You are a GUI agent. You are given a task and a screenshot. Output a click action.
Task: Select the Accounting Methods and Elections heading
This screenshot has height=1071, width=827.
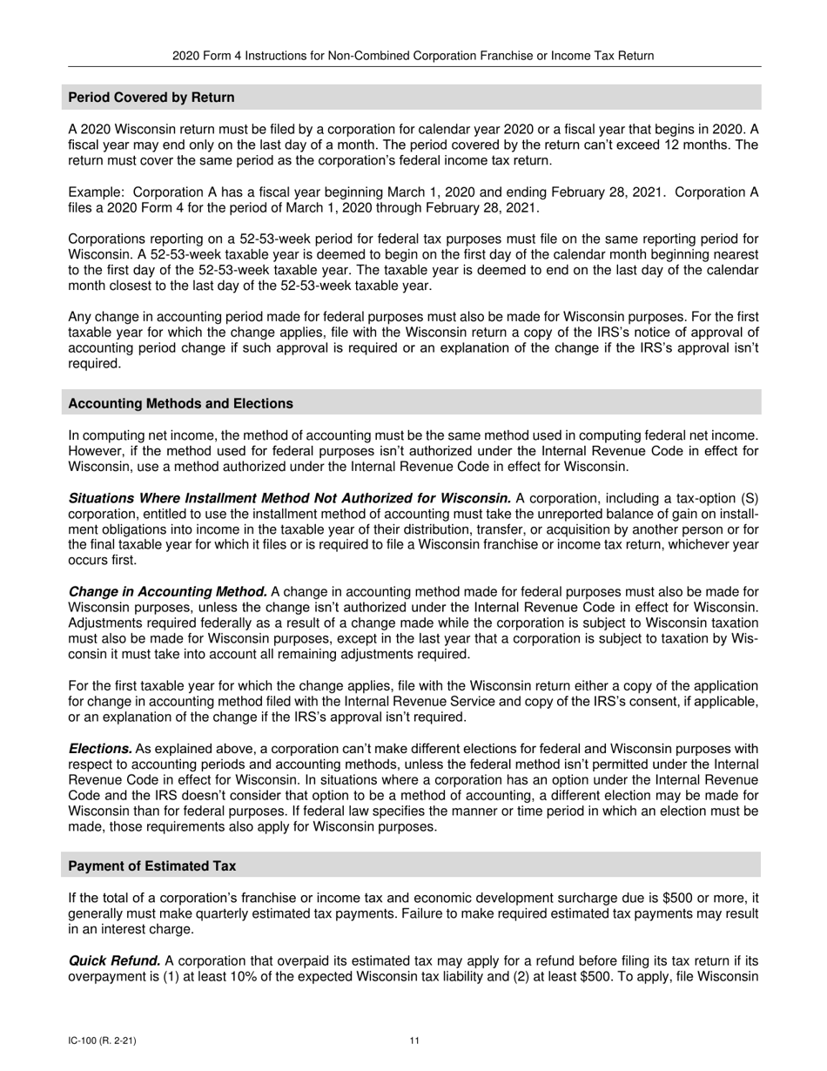tap(180, 404)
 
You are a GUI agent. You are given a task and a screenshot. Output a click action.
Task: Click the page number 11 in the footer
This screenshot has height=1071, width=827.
tap(414, 1041)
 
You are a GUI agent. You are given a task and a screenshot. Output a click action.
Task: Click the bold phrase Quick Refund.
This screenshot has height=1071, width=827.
tap(114, 961)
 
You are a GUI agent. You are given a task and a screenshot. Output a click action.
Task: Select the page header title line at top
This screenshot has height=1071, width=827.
tap(413, 56)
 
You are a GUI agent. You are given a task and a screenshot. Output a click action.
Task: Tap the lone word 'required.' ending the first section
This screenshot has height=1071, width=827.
tap(94, 364)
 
